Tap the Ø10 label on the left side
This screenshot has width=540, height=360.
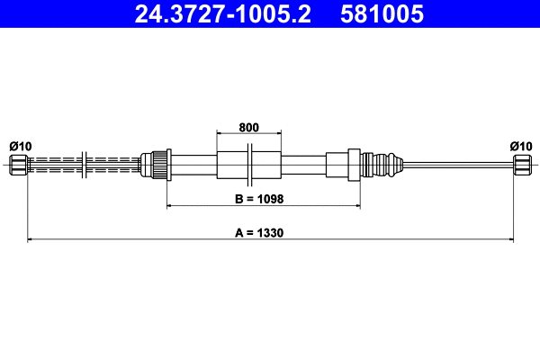pyautogui.click(x=20, y=146)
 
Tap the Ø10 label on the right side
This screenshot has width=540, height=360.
pyautogui.click(x=520, y=146)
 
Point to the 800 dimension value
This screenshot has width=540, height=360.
pyautogui.click(x=249, y=127)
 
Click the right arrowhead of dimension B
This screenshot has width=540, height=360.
pyautogui.click(x=357, y=206)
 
